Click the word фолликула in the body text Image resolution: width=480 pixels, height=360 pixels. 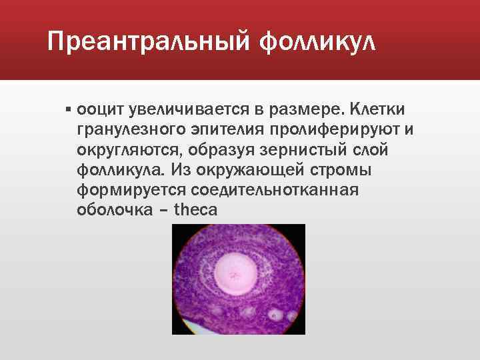[124, 171]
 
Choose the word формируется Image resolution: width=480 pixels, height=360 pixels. [129, 191]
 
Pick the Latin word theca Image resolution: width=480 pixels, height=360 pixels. [195, 212]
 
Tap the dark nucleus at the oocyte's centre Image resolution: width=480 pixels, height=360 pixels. [235, 273]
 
